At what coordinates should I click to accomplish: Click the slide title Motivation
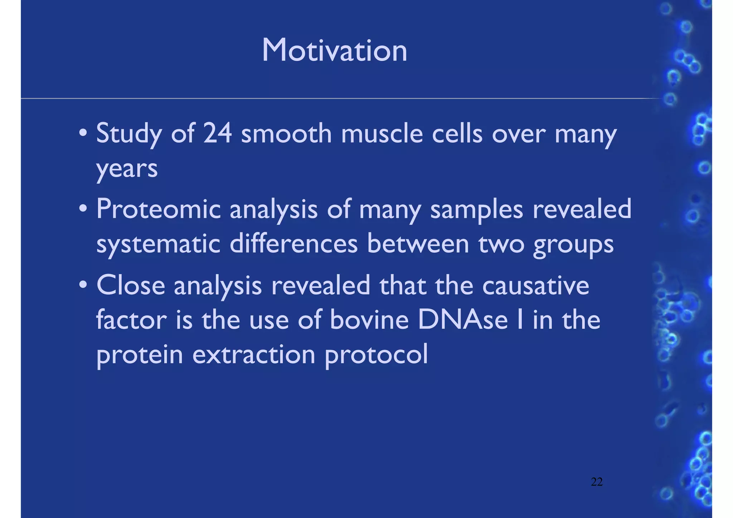tap(334, 50)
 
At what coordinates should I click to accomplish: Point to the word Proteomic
tap(159, 209)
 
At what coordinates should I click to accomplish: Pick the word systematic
tap(158, 245)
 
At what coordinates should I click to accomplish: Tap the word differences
tap(293, 244)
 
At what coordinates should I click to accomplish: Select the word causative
tap(535, 286)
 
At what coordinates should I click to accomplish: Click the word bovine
tap(369, 320)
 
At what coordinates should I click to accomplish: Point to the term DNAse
tap(463, 320)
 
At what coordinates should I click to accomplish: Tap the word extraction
tap(254, 354)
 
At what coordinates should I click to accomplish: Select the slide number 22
tap(597, 482)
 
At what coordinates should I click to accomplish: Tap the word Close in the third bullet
tap(131, 286)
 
